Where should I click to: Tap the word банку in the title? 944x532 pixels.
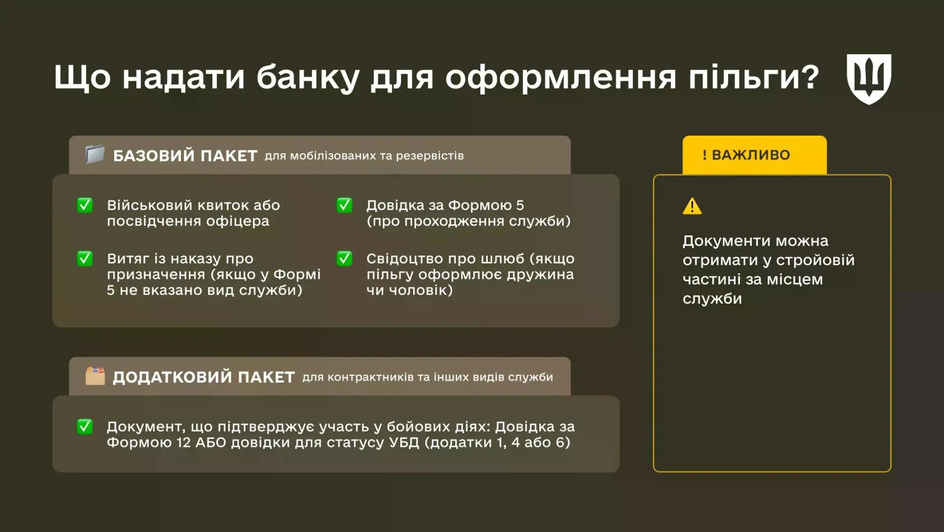(x=308, y=78)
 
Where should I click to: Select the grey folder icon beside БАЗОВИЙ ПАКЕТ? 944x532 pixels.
(x=95, y=155)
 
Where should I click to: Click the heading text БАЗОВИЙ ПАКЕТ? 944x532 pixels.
(x=185, y=156)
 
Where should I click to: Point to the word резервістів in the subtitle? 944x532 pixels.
(x=430, y=156)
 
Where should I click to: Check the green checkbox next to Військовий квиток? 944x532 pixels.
(x=85, y=205)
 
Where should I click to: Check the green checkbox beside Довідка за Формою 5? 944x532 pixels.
(x=344, y=205)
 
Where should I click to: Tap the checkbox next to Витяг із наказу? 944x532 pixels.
(x=85, y=258)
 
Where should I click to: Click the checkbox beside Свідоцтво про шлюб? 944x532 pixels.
(x=344, y=258)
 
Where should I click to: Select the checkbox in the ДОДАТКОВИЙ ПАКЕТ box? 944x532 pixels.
(x=85, y=427)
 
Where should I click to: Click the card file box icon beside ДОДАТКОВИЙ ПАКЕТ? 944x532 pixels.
(x=95, y=376)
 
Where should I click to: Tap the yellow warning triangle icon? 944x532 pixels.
(x=692, y=206)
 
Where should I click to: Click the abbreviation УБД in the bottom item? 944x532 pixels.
(x=404, y=442)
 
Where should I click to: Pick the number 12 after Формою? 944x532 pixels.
(x=183, y=442)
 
